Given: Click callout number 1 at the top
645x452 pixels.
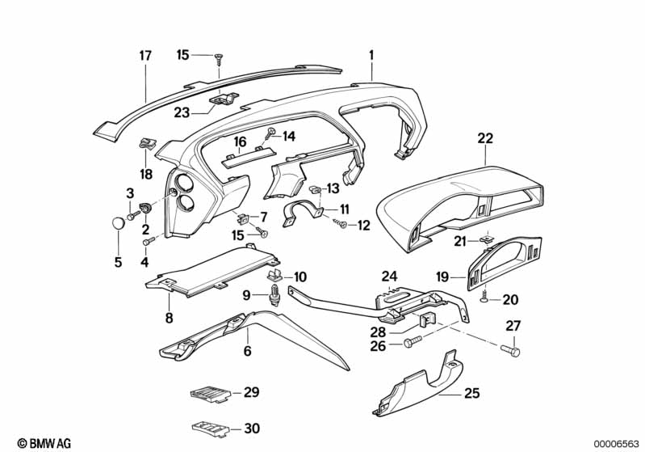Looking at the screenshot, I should [371, 55].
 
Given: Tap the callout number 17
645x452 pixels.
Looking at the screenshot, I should [145, 56].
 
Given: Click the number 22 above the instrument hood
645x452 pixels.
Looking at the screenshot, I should [484, 139].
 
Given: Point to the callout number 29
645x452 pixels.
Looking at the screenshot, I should [251, 394].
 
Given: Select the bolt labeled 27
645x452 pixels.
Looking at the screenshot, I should [512, 351].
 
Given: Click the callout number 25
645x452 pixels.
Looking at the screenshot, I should [471, 395].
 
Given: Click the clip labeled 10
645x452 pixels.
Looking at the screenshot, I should [275, 277].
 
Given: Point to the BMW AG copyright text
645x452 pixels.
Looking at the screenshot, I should [39, 443].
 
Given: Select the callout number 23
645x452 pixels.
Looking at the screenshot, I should [181, 114].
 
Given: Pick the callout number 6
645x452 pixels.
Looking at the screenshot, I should [247, 352].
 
